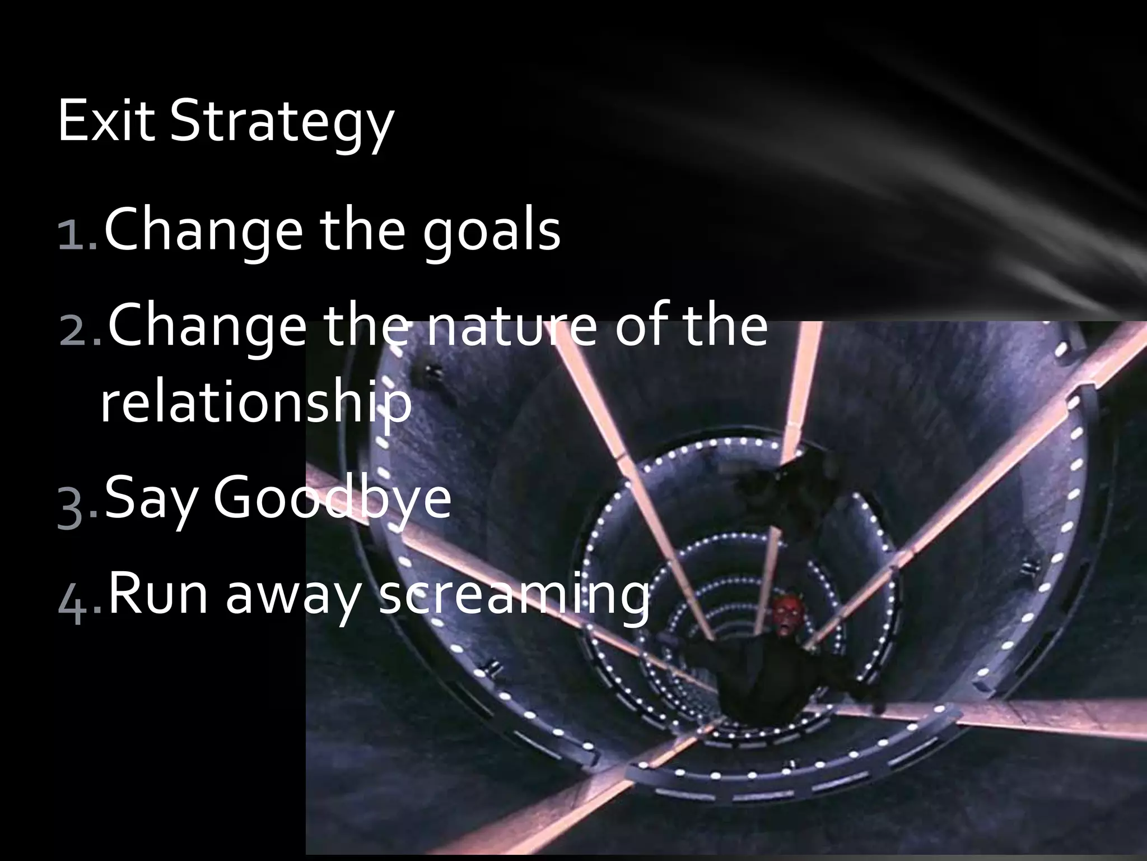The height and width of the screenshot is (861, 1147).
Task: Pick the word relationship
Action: coord(255,404)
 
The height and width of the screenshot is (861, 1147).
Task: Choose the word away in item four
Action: coord(296,597)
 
